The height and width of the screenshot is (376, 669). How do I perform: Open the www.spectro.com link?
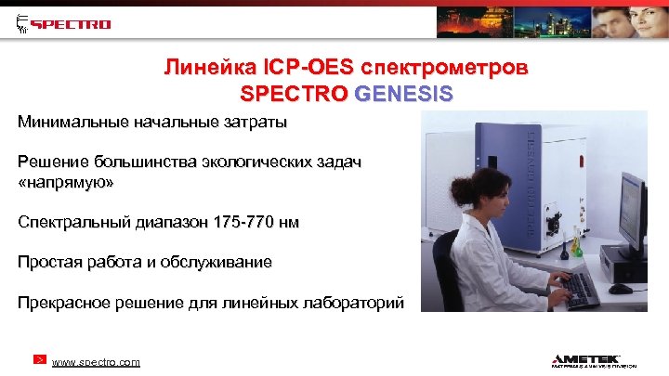pyautogui.click(x=96, y=362)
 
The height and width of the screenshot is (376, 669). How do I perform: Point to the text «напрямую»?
pyautogui.click(x=67, y=183)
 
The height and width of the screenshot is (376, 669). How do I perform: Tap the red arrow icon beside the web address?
pyautogui.click(x=40, y=358)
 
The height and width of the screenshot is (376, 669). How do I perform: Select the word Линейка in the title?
pyautogui.click(x=196, y=69)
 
